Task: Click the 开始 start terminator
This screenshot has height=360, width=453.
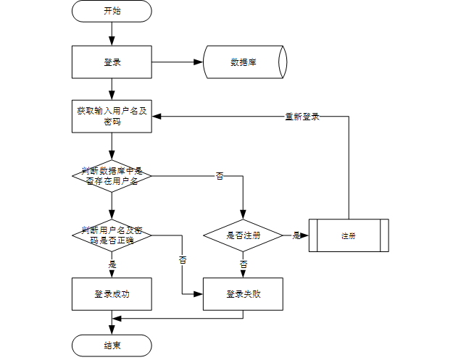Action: [x=112, y=11]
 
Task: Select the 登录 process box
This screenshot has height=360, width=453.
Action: [x=112, y=62]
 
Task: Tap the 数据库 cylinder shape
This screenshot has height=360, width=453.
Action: [x=245, y=62]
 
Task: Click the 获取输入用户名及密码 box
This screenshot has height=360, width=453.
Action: [x=112, y=117]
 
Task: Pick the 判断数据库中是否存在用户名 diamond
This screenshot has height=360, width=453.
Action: [x=112, y=176]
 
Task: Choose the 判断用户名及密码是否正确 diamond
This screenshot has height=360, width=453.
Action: [x=112, y=235]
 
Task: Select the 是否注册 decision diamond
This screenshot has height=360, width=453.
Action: [x=243, y=235]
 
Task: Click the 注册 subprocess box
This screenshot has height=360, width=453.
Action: [x=349, y=235]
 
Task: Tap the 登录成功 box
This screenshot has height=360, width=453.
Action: [x=112, y=294]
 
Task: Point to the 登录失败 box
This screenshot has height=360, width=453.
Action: [x=243, y=294]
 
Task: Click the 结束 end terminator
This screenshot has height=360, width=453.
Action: [x=112, y=346]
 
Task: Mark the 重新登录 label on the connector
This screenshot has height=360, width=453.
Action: [x=302, y=117]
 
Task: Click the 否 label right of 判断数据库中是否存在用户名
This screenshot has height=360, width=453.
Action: [x=220, y=176]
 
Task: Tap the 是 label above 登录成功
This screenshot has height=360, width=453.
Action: [x=112, y=264]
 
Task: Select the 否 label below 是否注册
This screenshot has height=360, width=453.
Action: [x=244, y=264]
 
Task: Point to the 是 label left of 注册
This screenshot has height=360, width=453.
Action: [x=296, y=235]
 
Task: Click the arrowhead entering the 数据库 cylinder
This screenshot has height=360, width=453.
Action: [x=199, y=62]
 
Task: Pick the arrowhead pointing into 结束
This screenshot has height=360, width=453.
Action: [x=112, y=330]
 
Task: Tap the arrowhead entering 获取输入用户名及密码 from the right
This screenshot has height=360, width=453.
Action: [x=157, y=117]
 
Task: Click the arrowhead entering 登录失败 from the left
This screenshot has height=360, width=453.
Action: [x=199, y=294]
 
